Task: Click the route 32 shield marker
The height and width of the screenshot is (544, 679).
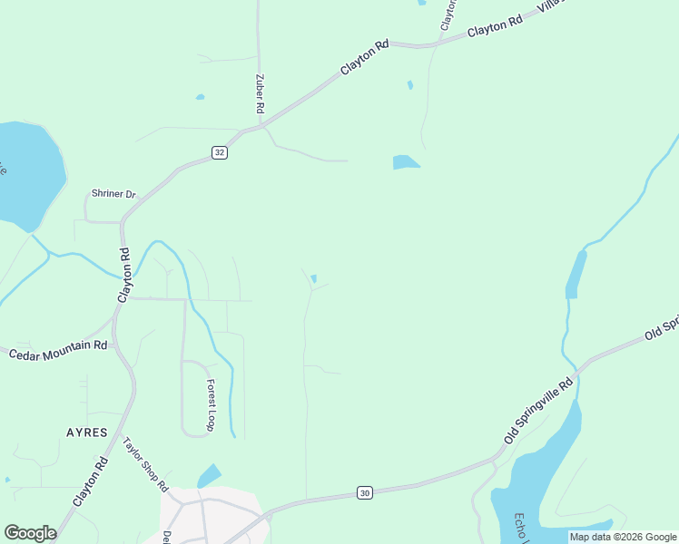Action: click(x=220, y=152)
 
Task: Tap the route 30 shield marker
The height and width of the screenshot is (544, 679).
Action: click(x=364, y=492)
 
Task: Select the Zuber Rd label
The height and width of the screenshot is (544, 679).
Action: click(x=260, y=93)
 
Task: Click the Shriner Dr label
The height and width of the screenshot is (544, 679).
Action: click(x=113, y=194)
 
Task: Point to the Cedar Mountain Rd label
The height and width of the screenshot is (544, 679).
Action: click(x=58, y=351)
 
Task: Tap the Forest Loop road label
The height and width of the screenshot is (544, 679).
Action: click(x=211, y=404)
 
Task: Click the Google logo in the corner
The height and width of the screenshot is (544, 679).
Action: click(x=30, y=533)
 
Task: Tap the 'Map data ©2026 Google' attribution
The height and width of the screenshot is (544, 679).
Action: click(x=623, y=537)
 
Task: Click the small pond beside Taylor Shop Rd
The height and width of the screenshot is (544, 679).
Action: click(x=209, y=475)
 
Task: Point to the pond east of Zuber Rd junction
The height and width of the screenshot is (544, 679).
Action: click(x=405, y=162)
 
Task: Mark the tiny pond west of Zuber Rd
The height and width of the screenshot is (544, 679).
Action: click(x=200, y=97)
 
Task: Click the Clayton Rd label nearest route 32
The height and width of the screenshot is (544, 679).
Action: click(x=365, y=57)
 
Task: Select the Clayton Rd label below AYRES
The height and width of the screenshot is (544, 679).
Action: click(x=91, y=485)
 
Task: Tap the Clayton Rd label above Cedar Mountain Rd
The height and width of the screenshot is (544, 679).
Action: click(x=125, y=275)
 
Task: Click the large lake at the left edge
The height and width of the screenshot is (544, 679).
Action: click(x=27, y=172)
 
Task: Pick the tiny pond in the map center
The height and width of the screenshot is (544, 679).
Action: click(x=314, y=278)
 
